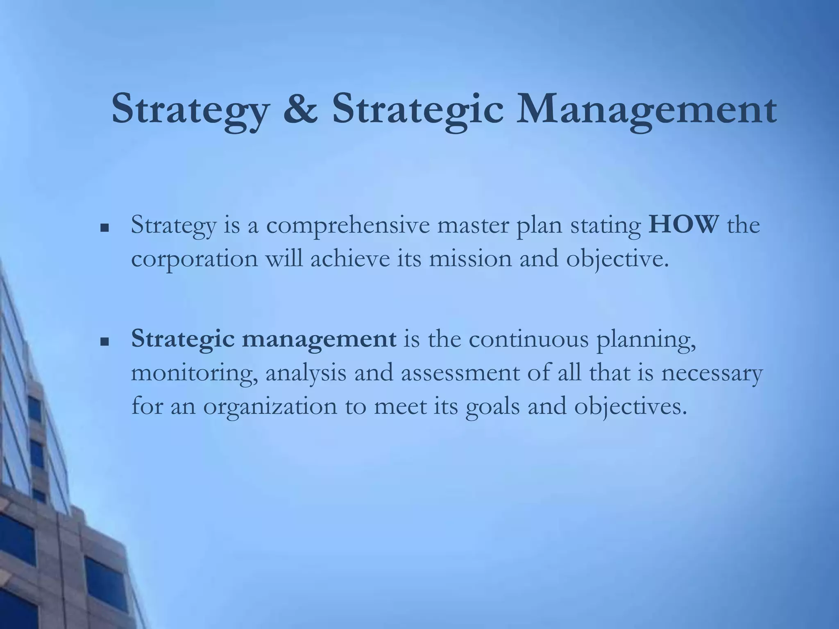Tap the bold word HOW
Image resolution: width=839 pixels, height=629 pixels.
pyautogui.click(x=684, y=225)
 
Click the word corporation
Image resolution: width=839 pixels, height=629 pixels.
pyautogui.click(x=195, y=260)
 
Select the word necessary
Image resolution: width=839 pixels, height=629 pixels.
pyautogui.click(x=712, y=373)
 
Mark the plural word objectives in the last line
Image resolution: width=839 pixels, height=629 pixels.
pyautogui.click(x=630, y=407)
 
